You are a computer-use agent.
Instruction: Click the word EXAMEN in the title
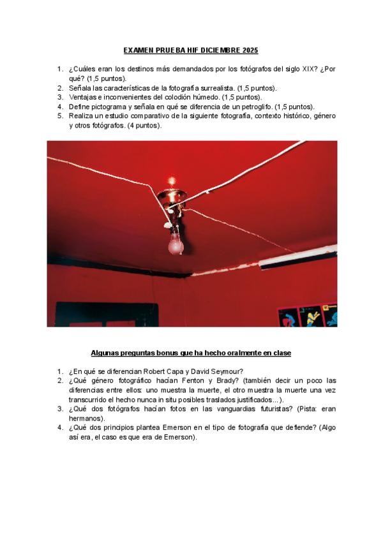(138, 50)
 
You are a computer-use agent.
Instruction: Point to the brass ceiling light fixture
(174, 200)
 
